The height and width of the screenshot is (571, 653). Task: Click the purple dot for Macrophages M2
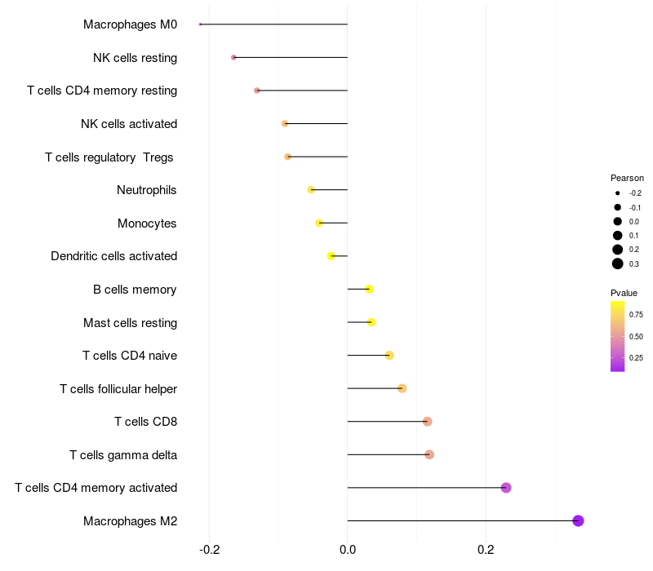578,520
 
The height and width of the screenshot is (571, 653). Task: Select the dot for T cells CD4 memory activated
506,488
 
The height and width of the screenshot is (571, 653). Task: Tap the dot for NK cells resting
233,57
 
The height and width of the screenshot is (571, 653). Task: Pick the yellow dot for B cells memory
369,289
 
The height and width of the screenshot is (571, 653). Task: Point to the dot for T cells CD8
427,421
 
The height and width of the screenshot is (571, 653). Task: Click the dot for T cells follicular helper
402,388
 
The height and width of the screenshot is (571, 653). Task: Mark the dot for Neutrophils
310,189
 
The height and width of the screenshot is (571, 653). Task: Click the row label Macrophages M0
130,24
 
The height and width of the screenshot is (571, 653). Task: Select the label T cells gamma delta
123,454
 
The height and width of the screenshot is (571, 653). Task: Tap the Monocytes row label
147,223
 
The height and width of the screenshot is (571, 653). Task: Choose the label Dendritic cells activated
113,256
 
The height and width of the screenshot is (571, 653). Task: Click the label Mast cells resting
130,322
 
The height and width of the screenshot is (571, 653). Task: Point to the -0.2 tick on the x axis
209,550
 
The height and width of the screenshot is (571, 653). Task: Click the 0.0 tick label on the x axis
348,550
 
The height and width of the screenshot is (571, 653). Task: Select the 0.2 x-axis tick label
486,550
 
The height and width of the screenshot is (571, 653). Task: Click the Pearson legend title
627,178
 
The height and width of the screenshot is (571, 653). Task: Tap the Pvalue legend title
624,293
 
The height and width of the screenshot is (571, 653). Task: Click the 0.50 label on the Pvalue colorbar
636,336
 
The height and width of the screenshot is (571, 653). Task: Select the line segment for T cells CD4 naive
367,355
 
